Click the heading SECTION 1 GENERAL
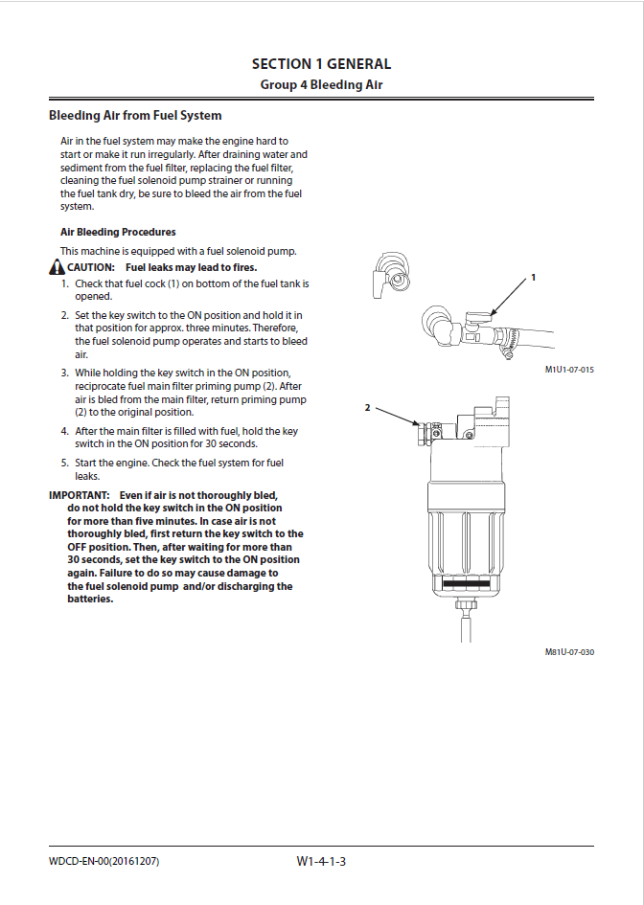click(321, 64)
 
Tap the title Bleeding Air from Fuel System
click(135, 116)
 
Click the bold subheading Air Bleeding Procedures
click(118, 232)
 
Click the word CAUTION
click(91, 267)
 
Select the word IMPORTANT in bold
click(78, 495)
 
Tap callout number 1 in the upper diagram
click(534, 277)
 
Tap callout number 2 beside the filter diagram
click(367, 407)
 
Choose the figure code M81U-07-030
click(569, 652)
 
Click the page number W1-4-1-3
click(321, 862)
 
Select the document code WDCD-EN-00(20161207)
click(103, 862)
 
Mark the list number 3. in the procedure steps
click(65, 373)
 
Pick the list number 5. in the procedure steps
click(65, 464)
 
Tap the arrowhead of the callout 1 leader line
click(492, 313)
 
